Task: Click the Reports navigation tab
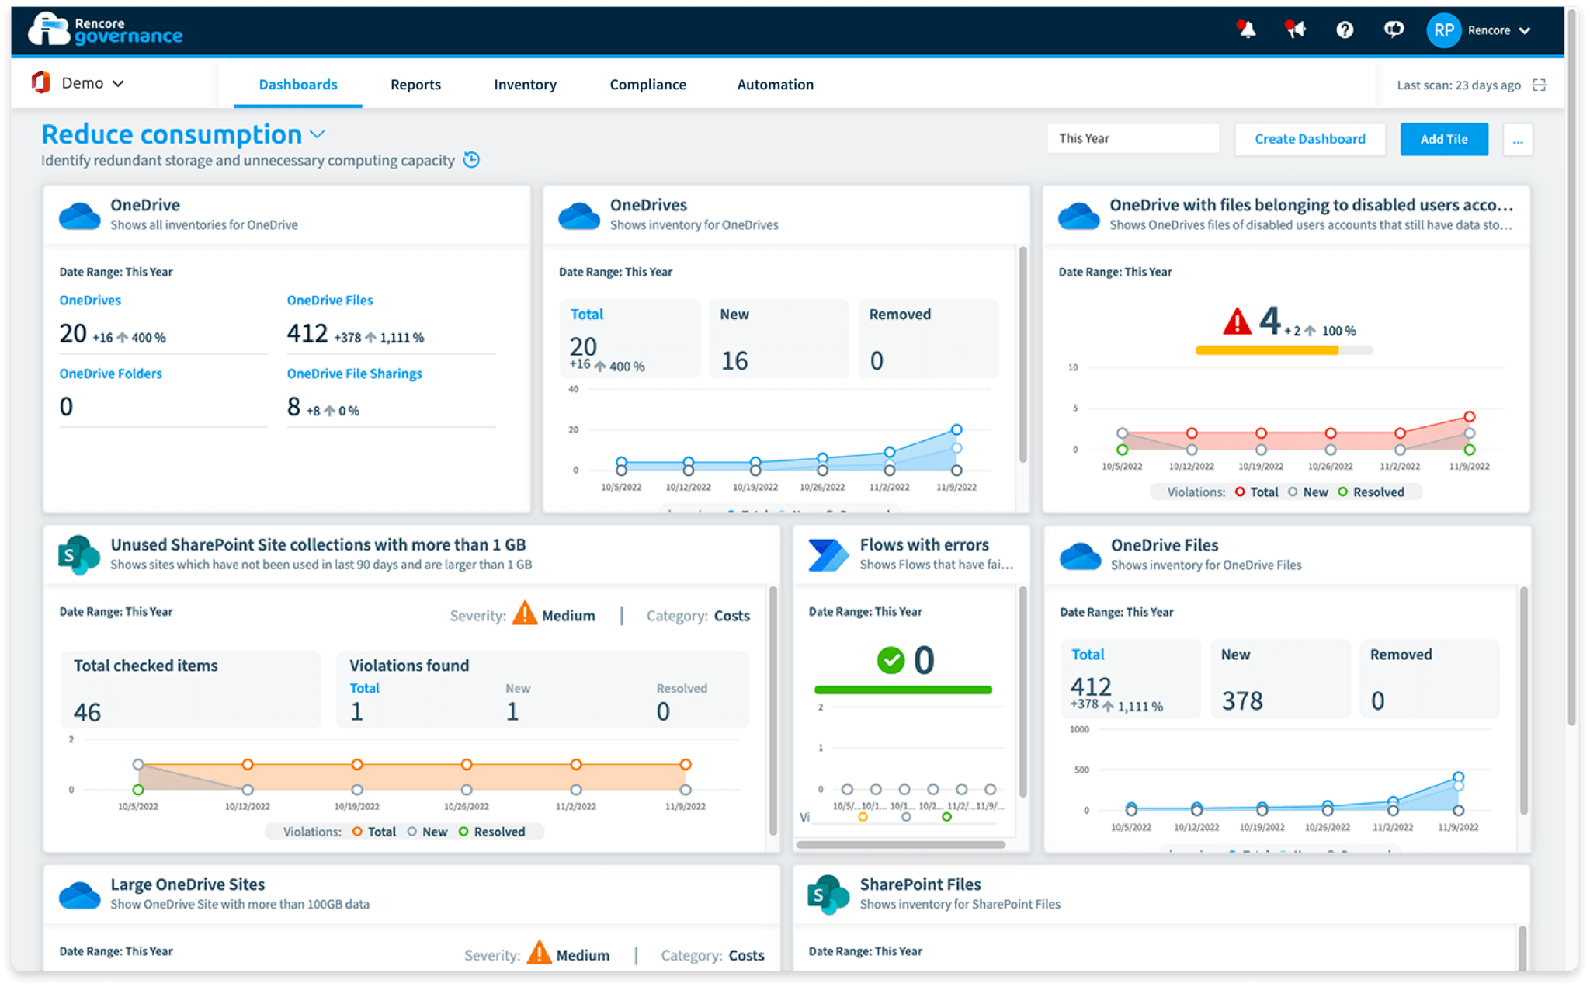415,85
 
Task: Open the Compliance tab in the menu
647,85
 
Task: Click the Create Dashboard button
1310,139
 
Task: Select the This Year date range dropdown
1133,139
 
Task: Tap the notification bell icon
1247,30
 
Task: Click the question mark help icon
1345,30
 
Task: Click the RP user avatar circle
1443,30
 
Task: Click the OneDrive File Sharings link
354,374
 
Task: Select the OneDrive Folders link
110,374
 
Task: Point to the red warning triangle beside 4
1237,321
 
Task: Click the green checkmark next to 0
890,660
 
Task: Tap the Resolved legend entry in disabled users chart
1371,492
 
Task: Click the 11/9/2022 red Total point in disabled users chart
1469,417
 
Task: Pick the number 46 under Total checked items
87,712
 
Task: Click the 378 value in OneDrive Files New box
1242,701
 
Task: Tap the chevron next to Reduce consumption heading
317,134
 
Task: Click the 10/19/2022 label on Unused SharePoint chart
356,807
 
